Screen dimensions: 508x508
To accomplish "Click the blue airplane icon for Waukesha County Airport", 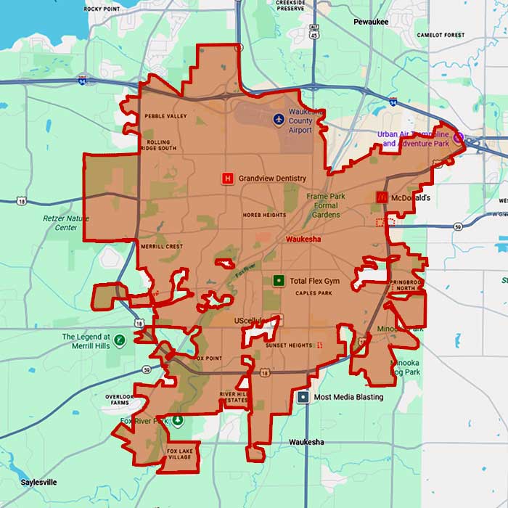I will [278, 118].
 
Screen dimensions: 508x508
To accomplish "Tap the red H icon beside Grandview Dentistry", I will [228, 178].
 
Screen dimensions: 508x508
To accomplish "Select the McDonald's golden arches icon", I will [380, 197].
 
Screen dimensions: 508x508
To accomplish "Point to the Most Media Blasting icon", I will [303, 397].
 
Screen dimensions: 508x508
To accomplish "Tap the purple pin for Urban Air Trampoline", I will [458, 136].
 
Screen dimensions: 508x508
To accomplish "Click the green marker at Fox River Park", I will [178, 420].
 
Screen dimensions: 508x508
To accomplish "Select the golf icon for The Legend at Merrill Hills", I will [120, 340].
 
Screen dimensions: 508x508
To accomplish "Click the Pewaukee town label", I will [371, 22].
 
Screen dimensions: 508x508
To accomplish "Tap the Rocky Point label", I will [102, 9].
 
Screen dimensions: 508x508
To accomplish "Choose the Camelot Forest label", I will [440, 35].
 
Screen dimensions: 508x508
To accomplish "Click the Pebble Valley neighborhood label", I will [165, 116].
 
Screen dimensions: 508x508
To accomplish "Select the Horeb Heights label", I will [261, 215].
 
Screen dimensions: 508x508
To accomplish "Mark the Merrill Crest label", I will [161, 247].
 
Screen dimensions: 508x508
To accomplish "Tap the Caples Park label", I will [314, 293].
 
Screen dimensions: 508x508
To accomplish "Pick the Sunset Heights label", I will [289, 346].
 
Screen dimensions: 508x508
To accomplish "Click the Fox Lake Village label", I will [180, 454].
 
